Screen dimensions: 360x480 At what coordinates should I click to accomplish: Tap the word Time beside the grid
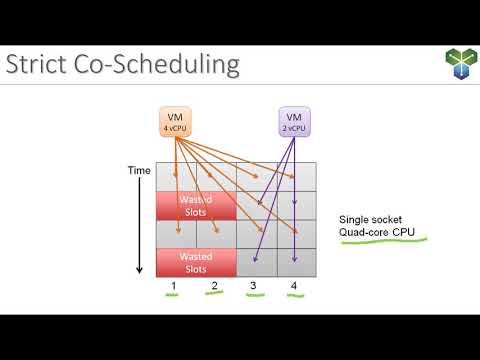click(139, 171)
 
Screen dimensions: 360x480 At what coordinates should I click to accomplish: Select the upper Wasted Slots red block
click(195, 205)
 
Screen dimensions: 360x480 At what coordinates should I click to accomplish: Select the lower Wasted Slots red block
click(195, 262)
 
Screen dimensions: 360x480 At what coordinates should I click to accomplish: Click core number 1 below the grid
click(174, 288)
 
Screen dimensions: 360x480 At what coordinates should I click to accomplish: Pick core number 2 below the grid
click(214, 288)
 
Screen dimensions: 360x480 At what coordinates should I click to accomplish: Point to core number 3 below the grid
click(253, 288)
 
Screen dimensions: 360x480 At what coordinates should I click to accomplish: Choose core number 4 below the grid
click(293, 288)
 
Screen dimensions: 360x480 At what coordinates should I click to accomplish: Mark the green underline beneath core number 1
click(174, 298)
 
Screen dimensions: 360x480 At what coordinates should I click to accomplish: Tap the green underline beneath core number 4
click(293, 298)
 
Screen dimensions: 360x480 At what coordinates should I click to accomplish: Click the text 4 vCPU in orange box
click(175, 127)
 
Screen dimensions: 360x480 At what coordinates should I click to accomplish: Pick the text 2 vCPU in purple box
click(293, 127)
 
